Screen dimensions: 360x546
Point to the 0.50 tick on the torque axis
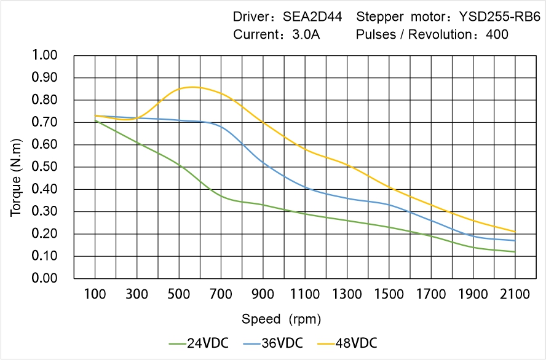(44, 167)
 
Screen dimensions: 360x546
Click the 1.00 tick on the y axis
(44, 55)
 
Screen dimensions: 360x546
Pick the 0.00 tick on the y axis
(44, 279)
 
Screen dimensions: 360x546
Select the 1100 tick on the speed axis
(305, 295)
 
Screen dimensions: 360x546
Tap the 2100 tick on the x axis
(515, 295)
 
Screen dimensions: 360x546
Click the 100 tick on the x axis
(95, 295)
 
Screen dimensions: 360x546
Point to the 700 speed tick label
(221, 295)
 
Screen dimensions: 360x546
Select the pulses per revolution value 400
(497, 34)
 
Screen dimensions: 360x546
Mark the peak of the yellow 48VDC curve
(192, 87)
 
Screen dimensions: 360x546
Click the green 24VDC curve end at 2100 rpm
(515, 252)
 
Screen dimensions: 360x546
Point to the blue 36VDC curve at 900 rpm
(263, 162)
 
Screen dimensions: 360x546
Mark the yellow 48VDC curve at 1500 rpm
(389, 187)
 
